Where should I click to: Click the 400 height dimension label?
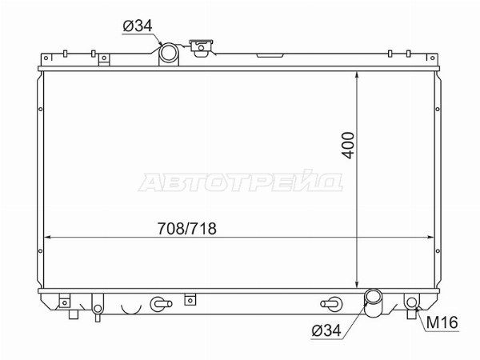(x=348, y=146)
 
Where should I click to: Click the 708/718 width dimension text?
(x=186, y=228)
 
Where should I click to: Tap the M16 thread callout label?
(x=442, y=322)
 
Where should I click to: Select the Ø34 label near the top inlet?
(x=138, y=26)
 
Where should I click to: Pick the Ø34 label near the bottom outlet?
(x=326, y=330)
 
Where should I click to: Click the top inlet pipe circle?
(x=169, y=52)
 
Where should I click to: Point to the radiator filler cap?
(x=201, y=48)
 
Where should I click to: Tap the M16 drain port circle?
(x=412, y=302)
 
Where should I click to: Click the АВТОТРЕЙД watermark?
(x=241, y=182)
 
